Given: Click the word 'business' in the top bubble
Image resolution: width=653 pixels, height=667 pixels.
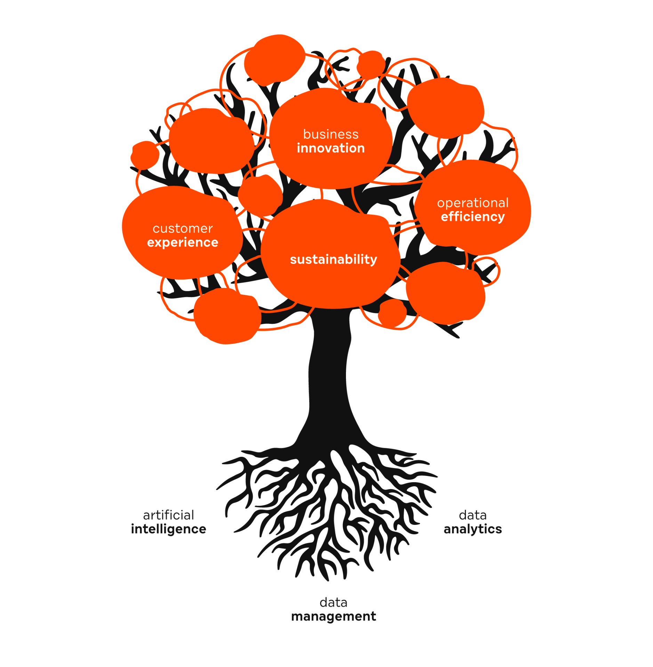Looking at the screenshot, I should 330,134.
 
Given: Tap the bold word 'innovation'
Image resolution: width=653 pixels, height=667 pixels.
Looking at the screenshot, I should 330,148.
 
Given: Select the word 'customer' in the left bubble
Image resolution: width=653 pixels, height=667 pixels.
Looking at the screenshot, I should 183,229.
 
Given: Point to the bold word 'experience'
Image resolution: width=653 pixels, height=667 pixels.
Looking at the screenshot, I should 183,242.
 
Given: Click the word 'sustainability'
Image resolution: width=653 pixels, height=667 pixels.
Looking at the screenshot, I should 333,260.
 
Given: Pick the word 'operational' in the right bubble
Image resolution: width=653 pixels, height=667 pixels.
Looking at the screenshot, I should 473,203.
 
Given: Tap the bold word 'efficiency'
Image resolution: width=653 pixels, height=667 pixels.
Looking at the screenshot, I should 473,217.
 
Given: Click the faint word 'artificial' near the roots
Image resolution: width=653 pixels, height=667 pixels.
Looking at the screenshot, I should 168,515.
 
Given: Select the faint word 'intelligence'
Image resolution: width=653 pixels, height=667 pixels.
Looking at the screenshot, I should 168,529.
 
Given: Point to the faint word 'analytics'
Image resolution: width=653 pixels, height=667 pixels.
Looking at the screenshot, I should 473,529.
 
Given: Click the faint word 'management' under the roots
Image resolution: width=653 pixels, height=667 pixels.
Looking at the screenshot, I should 333,617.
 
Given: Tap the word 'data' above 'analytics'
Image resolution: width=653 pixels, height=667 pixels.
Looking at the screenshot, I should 473,515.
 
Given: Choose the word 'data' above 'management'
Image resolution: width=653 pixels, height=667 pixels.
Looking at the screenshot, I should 333,603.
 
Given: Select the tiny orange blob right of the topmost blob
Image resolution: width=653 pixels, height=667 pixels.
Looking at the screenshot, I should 371,64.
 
